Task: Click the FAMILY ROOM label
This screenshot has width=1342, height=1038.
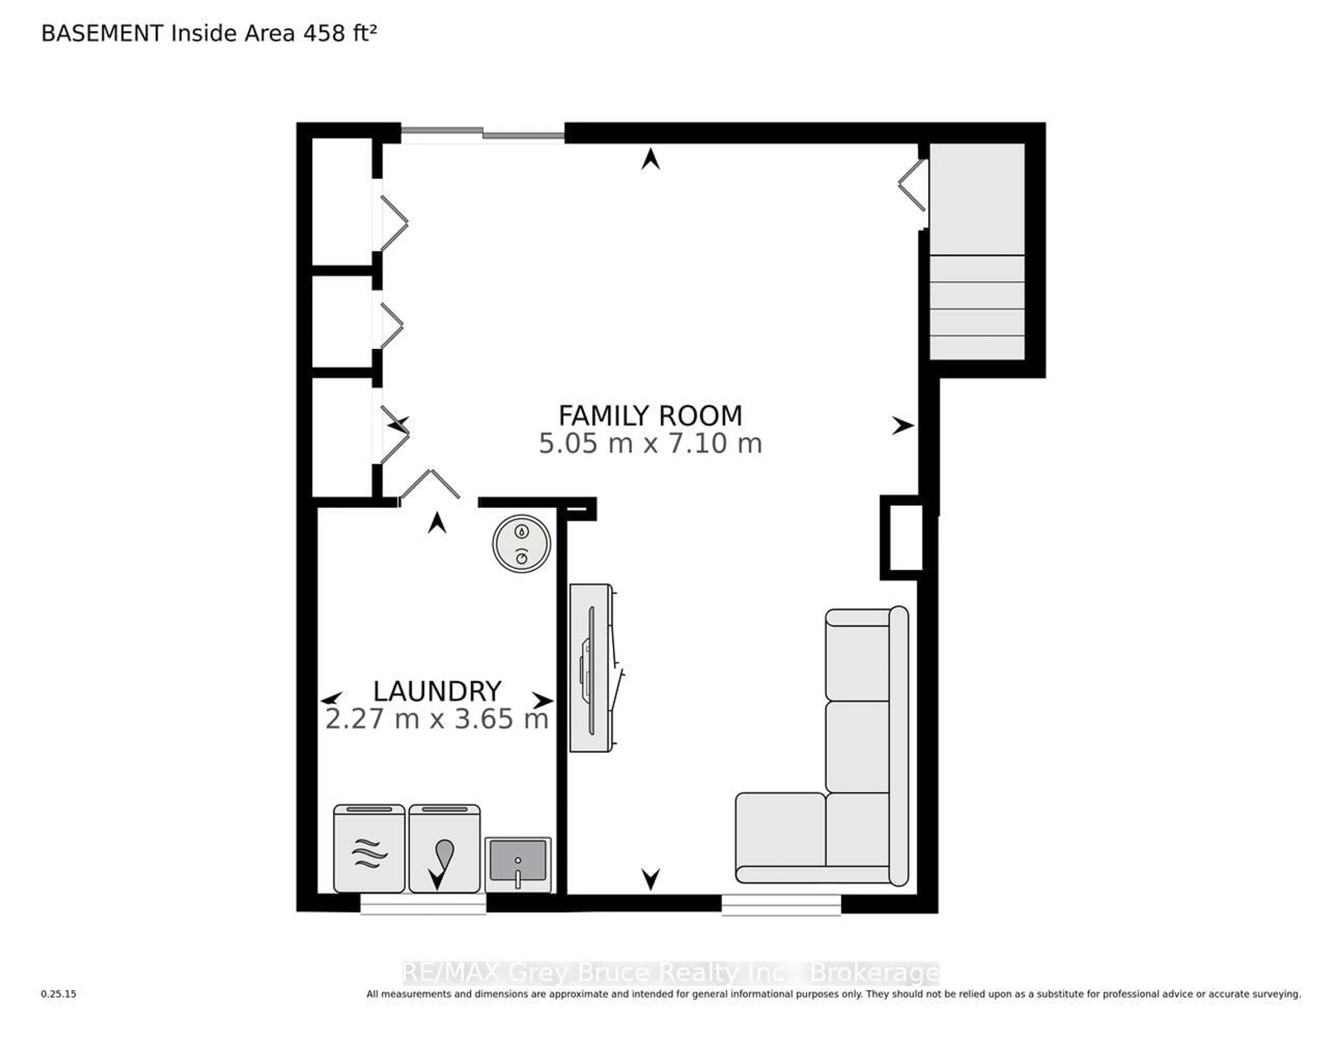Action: [650, 416]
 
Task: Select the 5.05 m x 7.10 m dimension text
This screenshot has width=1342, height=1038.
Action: [650, 443]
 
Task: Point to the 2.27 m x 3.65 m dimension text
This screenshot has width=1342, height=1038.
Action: [437, 719]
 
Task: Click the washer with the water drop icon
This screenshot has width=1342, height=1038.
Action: [444, 848]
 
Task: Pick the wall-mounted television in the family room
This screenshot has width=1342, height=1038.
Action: [591, 668]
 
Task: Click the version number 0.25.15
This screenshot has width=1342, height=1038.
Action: [59, 994]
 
